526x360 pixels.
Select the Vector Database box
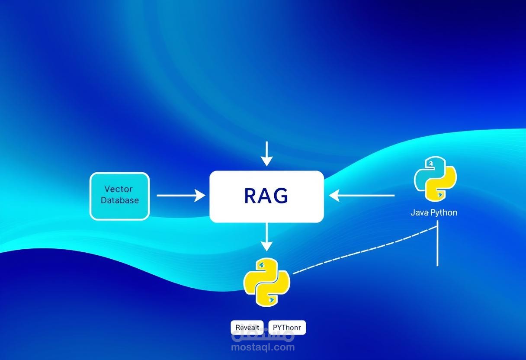pos(119,196)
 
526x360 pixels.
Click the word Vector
pos(119,189)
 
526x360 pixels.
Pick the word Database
pos(120,200)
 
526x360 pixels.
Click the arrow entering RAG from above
pos(267,154)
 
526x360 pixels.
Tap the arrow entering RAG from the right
pos(362,196)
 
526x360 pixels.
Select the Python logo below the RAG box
pos(266,283)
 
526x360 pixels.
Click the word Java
pos(419,213)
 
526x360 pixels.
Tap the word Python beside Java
pos(443,213)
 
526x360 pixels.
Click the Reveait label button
pos(248,328)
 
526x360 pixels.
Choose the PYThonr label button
pos(287,328)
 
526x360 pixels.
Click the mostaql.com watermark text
pos(263,347)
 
